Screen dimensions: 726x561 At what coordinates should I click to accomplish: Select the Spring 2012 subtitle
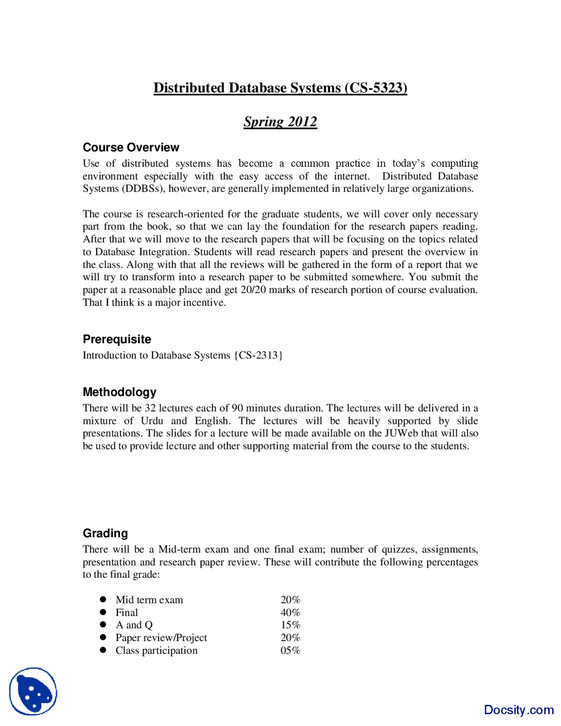click(x=280, y=121)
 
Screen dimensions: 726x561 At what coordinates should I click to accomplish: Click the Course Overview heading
click(x=131, y=147)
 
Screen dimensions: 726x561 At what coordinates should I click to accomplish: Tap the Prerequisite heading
click(x=117, y=339)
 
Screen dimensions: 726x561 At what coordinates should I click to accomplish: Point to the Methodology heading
click(x=120, y=392)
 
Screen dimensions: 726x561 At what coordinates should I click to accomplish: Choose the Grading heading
click(x=106, y=533)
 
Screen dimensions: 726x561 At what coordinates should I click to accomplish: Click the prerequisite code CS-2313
click(x=259, y=355)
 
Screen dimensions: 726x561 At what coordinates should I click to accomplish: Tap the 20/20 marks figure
click(x=253, y=290)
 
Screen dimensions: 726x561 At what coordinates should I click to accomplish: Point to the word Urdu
click(x=152, y=421)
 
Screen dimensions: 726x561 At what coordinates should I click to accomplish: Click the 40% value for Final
click(x=291, y=612)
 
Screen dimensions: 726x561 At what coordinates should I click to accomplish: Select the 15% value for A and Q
click(x=291, y=625)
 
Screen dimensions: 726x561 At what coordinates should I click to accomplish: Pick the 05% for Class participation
click(x=291, y=651)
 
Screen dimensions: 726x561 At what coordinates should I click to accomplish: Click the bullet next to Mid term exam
click(x=103, y=599)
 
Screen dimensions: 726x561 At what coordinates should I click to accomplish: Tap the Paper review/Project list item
click(x=161, y=638)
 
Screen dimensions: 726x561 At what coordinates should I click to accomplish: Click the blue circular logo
click(x=33, y=691)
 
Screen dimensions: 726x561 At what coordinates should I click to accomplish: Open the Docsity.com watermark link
click(x=519, y=710)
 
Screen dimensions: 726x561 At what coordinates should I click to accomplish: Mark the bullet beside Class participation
click(x=103, y=650)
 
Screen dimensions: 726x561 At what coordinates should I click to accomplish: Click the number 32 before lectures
click(x=150, y=408)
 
